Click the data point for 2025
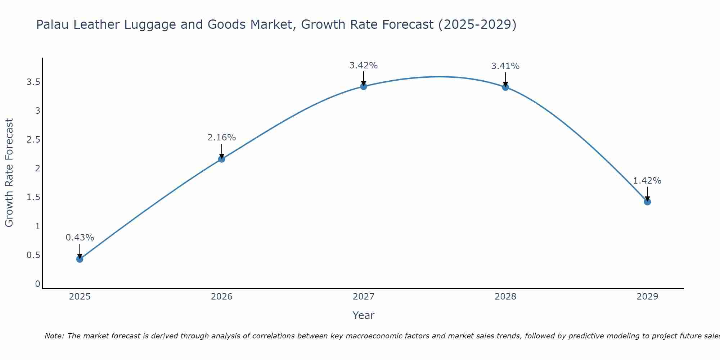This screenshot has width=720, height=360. point(80,259)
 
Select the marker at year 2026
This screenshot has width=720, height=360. point(221,159)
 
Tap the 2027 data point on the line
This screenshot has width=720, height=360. point(363,86)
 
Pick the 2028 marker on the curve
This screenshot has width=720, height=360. point(505,87)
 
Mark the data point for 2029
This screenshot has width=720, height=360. point(647,202)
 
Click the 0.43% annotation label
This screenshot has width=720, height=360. point(80,238)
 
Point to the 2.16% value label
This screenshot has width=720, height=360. point(221,138)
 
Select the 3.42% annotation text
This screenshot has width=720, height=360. point(363,66)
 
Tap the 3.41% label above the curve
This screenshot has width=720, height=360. point(505,66)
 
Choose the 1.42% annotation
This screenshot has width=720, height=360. point(647,181)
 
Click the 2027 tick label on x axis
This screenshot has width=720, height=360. point(363,297)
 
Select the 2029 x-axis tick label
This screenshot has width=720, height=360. point(647,297)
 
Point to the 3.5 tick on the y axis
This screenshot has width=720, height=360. point(33,82)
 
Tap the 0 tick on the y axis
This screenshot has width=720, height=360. point(37,284)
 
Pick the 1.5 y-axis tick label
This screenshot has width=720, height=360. point(33,197)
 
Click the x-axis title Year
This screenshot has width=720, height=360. point(363,315)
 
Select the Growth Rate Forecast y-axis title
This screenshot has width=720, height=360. point(9,173)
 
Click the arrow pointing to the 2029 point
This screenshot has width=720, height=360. point(647,194)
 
